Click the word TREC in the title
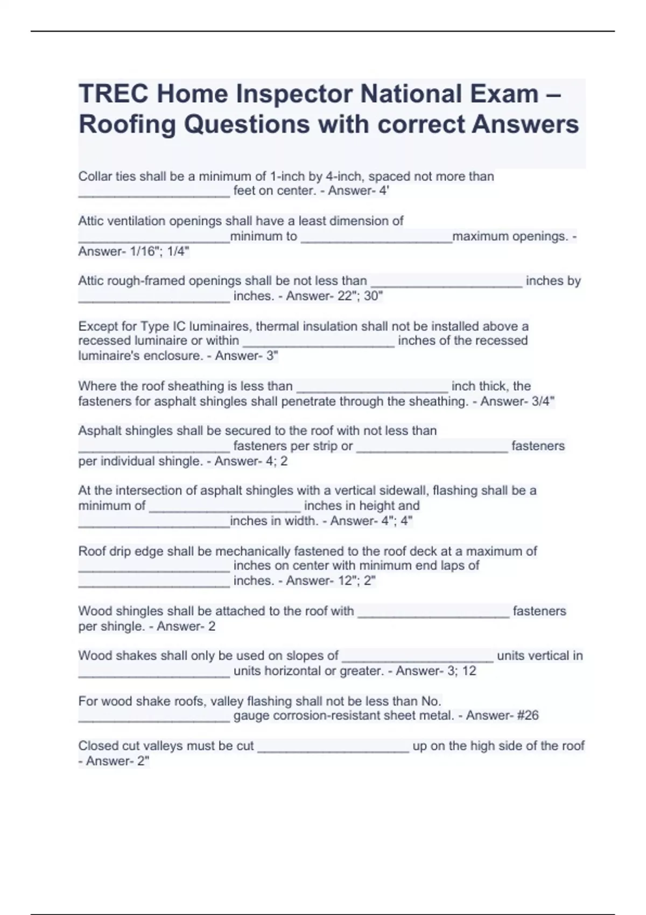(114, 94)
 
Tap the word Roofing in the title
(128, 124)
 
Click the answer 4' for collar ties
(384, 191)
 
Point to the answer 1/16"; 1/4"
(162, 251)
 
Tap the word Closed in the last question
(97, 746)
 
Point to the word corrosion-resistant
(331, 715)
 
